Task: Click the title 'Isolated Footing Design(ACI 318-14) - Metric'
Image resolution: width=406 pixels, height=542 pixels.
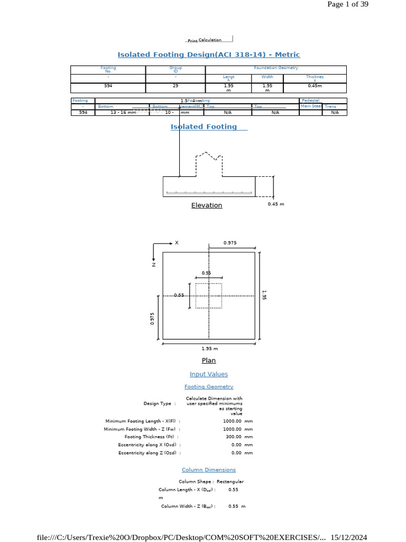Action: [208, 55]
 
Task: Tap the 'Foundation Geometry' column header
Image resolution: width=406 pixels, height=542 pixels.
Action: [276, 68]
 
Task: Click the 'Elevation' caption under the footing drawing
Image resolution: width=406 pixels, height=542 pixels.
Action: [207, 205]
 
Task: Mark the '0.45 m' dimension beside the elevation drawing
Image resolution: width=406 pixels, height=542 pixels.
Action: [276, 204]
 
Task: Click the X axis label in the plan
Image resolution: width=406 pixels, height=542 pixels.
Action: [177, 242]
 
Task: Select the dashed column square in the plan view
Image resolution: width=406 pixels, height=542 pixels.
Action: [208, 295]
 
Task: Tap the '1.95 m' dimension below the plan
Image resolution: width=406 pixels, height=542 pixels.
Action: [209, 349]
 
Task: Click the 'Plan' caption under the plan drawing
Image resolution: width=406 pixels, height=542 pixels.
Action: [209, 360]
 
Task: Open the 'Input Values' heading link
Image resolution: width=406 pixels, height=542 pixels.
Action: [209, 374]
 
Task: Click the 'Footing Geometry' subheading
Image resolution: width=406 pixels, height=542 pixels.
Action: [209, 387]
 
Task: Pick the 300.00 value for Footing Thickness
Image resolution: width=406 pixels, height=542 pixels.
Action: [232, 437]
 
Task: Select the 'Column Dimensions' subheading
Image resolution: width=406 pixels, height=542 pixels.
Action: [209, 469]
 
